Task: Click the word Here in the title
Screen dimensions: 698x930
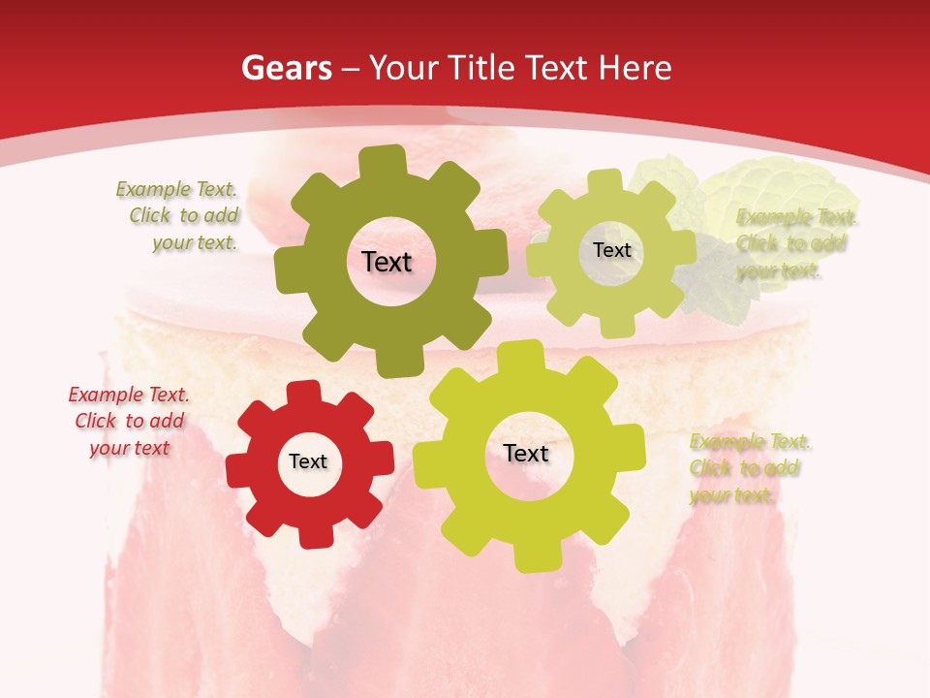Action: [636, 68]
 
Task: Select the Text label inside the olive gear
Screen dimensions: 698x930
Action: [387, 262]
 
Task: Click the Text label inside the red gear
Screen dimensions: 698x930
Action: [308, 462]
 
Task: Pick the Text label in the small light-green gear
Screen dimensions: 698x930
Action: [611, 250]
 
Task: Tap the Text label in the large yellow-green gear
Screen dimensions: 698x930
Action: [526, 453]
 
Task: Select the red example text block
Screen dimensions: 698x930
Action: [129, 421]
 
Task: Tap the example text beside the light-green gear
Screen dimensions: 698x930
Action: [794, 243]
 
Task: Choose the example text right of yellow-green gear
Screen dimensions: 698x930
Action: [749, 468]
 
